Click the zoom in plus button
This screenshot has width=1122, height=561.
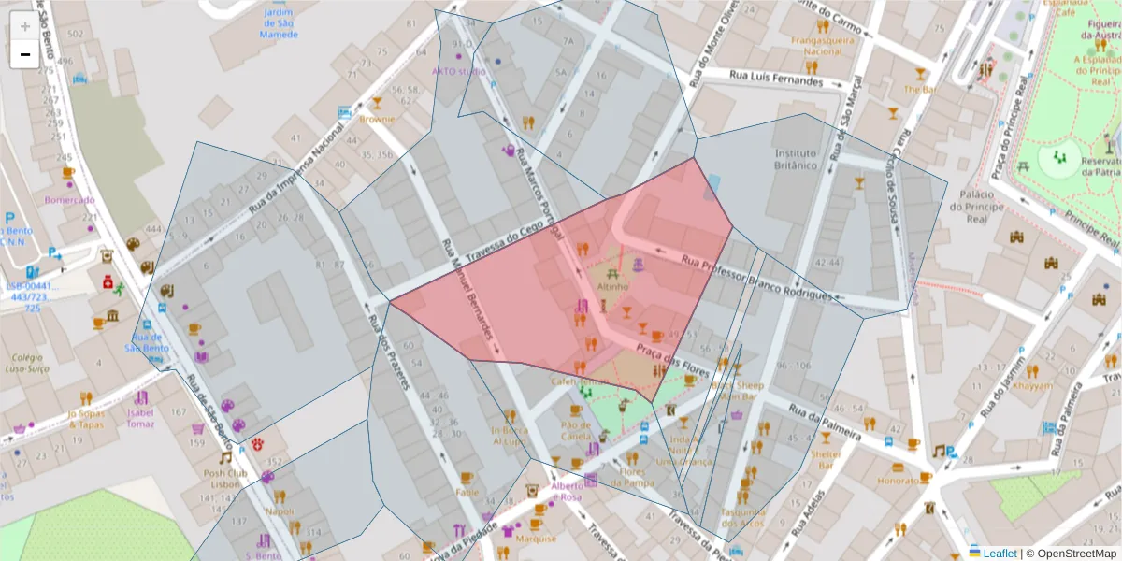click(25, 26)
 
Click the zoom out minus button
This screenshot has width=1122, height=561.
click(25, 54)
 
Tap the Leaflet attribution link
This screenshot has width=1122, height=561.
click(999, 553)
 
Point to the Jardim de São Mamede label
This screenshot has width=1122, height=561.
click(280, 23)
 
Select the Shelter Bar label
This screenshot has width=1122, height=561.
click(826, 459)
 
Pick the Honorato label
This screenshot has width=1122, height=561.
click(899, 481)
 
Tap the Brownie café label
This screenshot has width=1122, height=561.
click(378, 120)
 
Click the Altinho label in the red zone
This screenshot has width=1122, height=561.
click(613, 287)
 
